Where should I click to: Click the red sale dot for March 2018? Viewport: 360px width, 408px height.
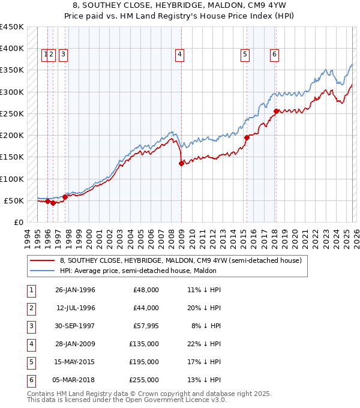[x=275, y=111]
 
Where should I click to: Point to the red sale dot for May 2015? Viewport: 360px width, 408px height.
[x=247, y=137]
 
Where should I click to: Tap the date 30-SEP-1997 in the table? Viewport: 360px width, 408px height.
[x=75, y=326]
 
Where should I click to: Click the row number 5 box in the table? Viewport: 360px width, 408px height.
[x=31, y=362]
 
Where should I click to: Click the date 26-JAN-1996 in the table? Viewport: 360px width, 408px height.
[x=75, y=290]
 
